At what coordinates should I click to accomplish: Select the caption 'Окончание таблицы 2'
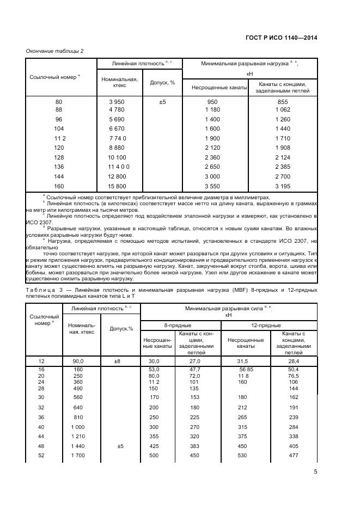point(54,51)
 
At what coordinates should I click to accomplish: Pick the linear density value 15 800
point(117,187)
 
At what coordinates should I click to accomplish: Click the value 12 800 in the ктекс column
point(117,177)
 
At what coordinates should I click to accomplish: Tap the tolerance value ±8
point(120,361)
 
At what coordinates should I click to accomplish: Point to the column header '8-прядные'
point(174,325)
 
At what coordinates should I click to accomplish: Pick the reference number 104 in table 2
point(59,128)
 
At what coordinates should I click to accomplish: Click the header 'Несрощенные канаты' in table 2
point(215,87)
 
